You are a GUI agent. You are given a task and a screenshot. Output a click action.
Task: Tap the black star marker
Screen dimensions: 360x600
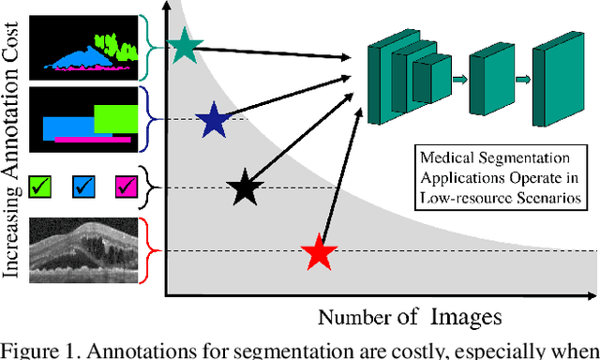(x=244, y=187)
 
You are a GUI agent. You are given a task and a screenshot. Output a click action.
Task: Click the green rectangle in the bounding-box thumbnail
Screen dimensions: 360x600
(x=116, y=117)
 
